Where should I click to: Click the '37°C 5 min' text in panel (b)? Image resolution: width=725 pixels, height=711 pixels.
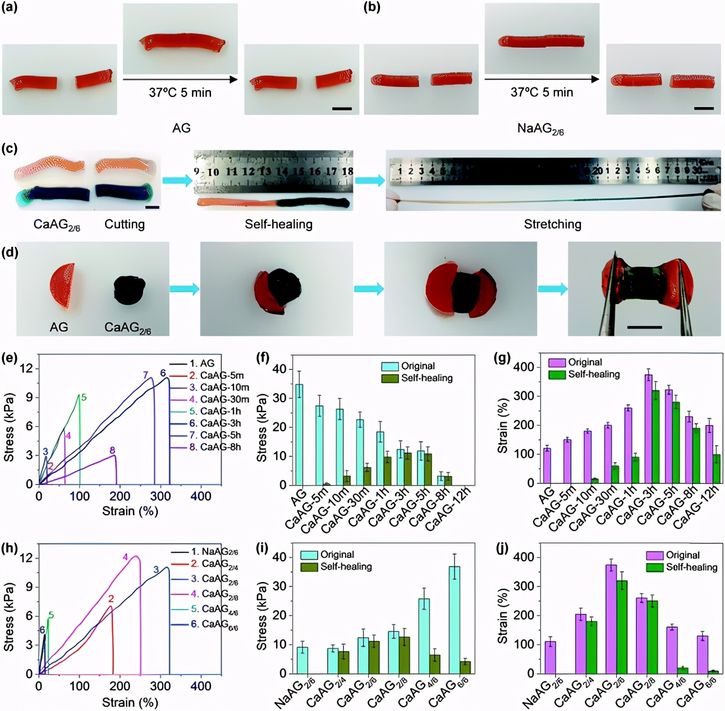pos(542,92)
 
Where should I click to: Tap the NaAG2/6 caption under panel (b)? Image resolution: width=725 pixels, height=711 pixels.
pos(540,129)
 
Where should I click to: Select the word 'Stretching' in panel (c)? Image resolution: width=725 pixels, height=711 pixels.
pos(552,224)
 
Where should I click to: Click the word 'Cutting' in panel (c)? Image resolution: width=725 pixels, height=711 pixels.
pos(125,224)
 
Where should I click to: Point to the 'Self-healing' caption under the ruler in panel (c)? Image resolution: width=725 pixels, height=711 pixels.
pos(278,224)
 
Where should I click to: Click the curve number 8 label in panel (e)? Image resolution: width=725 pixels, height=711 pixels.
pos(112,450)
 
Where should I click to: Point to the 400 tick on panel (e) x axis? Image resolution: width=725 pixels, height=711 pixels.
pos(201,496)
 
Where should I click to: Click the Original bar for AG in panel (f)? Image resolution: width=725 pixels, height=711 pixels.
pos(300,434)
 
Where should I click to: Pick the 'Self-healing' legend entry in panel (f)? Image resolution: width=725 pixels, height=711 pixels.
pos(426,378)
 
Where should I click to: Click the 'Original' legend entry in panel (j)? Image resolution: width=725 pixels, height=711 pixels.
pos(682,555)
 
